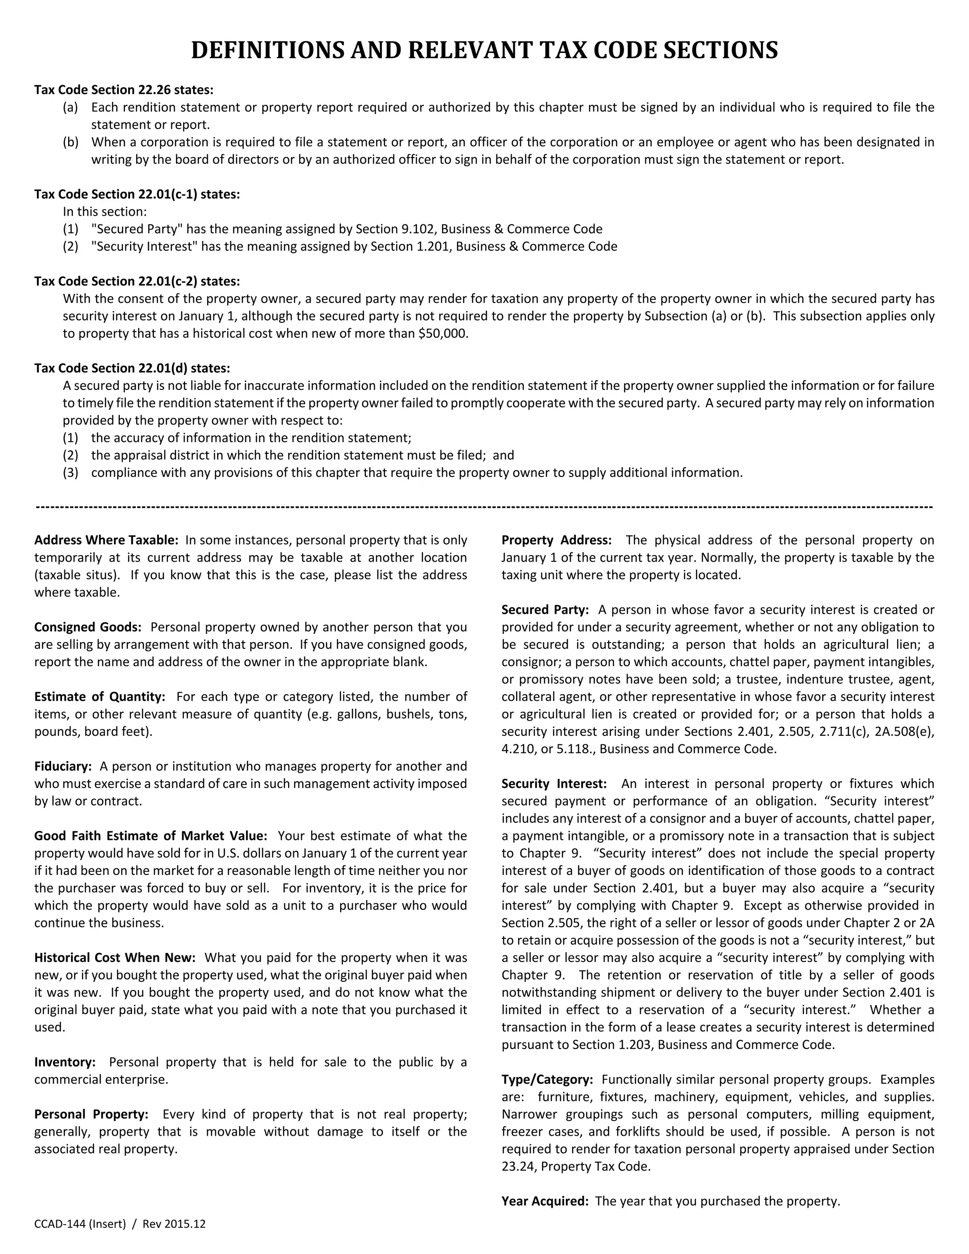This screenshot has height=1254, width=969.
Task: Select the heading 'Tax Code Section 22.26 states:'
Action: point(124,89)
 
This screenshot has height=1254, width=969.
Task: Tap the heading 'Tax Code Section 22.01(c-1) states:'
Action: point(137,194)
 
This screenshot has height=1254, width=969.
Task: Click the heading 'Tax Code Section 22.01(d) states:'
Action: point(132,368)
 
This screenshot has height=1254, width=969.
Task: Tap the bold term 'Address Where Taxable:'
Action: point(106,540)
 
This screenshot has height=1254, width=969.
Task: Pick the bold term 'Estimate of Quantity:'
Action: point(100,697)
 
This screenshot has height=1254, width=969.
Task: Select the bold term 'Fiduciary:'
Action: point(63,766)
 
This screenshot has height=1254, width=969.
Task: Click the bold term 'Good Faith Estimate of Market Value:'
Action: point(150,835)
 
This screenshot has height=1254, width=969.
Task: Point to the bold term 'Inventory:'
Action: point(65,1062)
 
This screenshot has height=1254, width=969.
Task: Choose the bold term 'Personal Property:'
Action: point(91,1114)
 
